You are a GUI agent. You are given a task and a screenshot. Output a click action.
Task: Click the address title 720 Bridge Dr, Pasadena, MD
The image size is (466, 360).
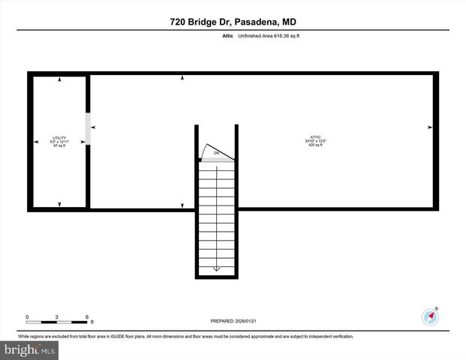(x=232, y=22)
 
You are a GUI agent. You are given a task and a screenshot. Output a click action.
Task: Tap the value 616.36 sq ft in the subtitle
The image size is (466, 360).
(x=286, y=35)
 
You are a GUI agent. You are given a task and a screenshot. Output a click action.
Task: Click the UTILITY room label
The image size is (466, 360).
(x=59, y=137)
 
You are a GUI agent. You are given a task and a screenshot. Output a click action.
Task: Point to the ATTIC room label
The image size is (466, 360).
(x=315, y=137)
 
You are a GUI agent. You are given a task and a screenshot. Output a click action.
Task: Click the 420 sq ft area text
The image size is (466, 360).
(x=315, y=145)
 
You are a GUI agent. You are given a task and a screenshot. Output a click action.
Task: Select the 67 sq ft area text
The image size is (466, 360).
(x=59, y=145)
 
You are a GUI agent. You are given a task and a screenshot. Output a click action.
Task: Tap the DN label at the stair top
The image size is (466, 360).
(x=216, y=153)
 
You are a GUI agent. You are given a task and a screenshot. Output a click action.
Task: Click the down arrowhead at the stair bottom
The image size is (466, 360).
(x=217, y=268)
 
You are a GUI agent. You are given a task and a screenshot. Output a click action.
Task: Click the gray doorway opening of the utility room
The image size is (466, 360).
(x=88, y=128)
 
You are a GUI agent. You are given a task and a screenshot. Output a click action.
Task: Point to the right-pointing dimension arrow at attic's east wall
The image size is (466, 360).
(x=429, y=127)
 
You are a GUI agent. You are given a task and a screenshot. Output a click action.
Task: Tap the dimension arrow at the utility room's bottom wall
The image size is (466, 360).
(x=59, y=204)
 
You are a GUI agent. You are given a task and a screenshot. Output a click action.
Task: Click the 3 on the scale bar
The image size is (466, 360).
(x=56, y=316)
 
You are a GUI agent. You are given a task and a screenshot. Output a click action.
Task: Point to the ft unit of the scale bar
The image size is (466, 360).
(x=92, y=322)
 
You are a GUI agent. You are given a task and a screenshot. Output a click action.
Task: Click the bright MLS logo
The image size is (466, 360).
(x=30, y=349)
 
